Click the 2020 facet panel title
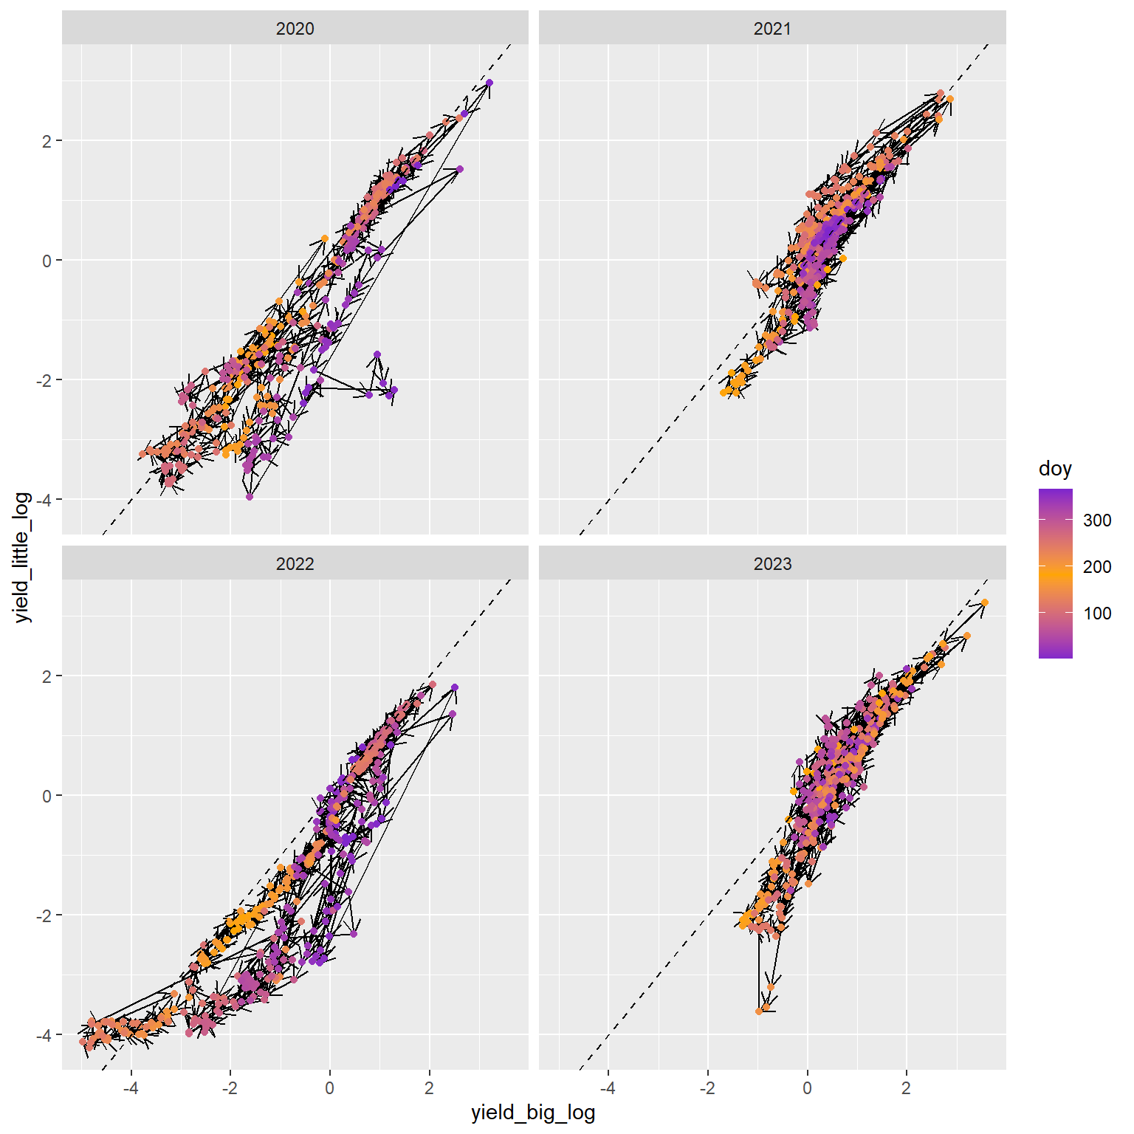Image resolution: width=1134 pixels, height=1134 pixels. click(x=295, y=29)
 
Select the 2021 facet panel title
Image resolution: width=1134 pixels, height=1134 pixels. click(x=772, y=29)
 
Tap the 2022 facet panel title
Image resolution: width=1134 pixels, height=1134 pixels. click(x=295, y=564)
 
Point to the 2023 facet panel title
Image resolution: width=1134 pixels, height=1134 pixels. click(x=772, y=564)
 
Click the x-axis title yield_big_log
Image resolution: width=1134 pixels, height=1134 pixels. click(x=533, y=1113)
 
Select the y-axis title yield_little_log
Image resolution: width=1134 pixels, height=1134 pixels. click(x=23, y=557)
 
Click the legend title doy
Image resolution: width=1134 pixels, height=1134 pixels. click(x=1055, y=469)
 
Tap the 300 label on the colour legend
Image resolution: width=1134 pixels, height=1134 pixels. click(x=1097, y=520)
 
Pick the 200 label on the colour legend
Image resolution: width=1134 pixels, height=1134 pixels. click(x=1097, y=567)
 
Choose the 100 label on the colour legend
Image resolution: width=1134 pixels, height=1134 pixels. click(x=1097, y=614)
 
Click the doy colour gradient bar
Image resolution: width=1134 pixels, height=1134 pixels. click(x=1055, y=573)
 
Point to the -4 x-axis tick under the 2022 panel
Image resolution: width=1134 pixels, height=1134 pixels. click(x=131, y=1088)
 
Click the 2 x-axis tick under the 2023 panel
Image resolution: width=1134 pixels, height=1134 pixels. click(x=906, y=1088)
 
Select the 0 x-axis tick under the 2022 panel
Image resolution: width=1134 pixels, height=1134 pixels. click(x=329, y=1088)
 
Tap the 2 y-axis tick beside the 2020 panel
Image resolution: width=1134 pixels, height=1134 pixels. click(x=47, y=141)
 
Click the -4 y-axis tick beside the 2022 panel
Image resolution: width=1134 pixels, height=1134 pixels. click(x=44, y=1035)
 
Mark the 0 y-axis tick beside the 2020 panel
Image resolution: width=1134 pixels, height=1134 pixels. click(x=47, y=261)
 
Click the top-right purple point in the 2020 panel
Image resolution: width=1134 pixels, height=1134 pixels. click(x=489, y=83)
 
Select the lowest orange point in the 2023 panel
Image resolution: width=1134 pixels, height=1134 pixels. click(x=759, y=1011)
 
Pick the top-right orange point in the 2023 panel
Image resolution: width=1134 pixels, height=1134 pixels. click(x=985, y=602)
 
